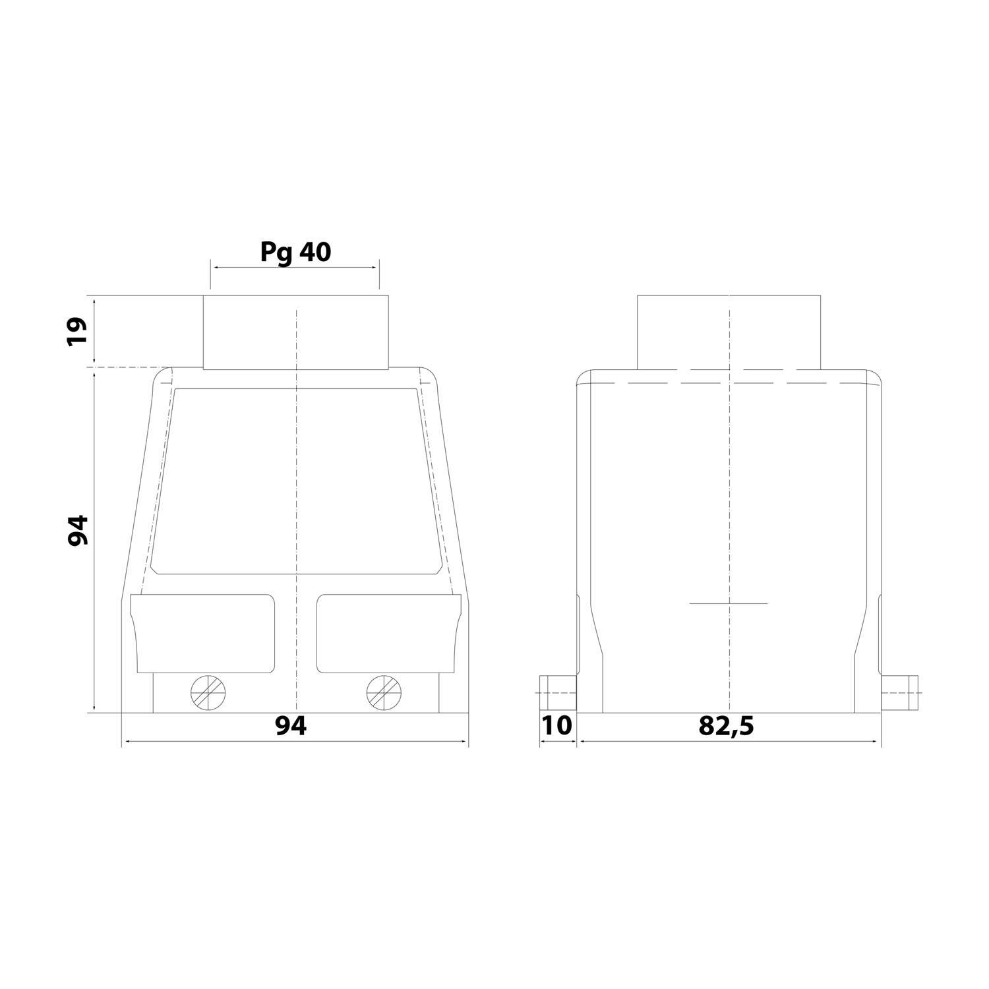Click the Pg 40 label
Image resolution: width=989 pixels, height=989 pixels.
295,252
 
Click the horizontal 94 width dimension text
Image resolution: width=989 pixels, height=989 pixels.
291,726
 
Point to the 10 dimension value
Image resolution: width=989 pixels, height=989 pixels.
556,726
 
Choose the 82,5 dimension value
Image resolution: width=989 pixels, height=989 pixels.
726,726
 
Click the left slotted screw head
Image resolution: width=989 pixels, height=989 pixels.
208,692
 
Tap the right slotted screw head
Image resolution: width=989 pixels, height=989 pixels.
384,692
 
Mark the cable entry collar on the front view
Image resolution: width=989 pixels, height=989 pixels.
295,332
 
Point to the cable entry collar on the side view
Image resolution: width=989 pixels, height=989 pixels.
729,332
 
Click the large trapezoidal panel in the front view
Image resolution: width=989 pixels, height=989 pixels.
295,481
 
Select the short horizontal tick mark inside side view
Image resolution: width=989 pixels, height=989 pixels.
729,603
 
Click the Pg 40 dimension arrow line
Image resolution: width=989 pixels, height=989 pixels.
295,267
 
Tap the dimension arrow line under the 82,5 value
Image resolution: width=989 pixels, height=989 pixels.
729,742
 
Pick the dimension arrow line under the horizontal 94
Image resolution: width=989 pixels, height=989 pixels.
295,742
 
